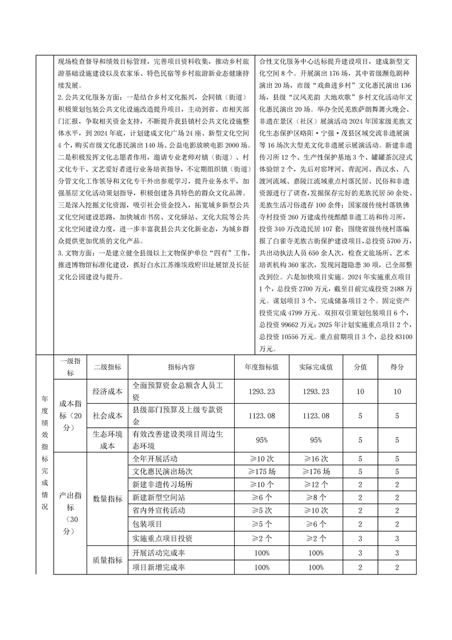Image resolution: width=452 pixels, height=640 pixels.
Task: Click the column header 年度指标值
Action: coord(262,367)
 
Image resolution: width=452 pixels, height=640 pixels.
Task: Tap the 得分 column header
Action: coord(397,367)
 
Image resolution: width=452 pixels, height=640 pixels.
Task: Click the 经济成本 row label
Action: coord(108,391)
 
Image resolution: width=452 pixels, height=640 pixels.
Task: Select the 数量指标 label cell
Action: coord(108,498)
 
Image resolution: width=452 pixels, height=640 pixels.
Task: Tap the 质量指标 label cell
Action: coord(108,560)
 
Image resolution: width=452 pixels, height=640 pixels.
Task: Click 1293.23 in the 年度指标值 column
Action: coord(262,391)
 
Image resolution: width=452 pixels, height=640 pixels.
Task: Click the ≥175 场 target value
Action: coord(262,472)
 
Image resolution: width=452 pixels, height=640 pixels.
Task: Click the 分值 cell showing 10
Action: coord(360,391)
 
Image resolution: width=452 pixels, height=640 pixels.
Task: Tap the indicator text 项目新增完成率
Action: coord(158,567)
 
